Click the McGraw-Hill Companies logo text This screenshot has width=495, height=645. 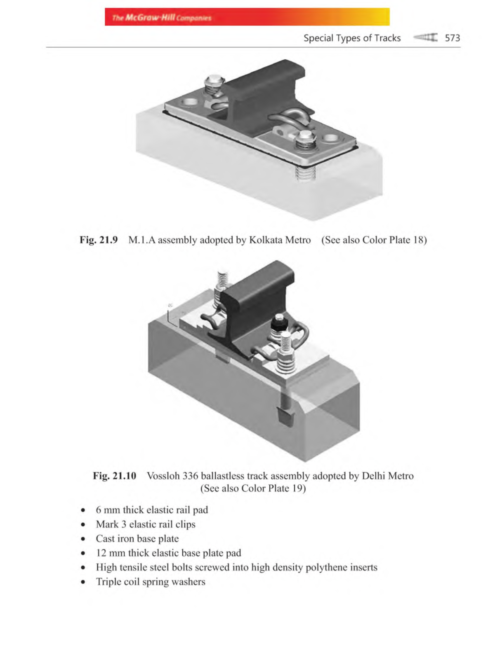[x=162, y=18]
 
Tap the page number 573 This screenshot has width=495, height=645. [x=452, y=38]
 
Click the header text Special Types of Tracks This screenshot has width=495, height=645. [x=352, y=38]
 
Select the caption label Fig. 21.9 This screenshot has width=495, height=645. [x=99, y=240]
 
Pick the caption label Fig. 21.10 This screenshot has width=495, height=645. [x=114, y=476]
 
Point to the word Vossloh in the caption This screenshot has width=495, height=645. [x=163, y=476]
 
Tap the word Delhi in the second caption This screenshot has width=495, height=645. [x=374, y=476]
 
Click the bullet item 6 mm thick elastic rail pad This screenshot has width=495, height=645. [x=152, y=510]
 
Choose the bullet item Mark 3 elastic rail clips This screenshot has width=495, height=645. [x=146, y=524]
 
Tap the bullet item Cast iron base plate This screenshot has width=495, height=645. [x=137, y=539]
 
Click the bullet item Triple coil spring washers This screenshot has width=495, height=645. [x=151, y=582]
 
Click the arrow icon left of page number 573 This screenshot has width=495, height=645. [x=425, y=38]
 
